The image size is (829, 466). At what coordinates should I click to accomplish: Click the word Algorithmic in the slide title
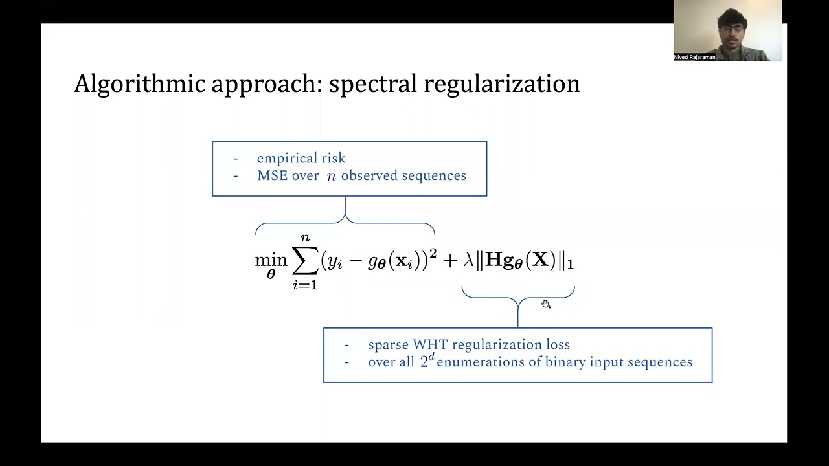(x=140, y=84)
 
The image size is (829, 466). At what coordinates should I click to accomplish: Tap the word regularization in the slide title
(x=501, y=84)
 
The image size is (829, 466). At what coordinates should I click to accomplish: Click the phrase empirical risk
(x=301, y=159)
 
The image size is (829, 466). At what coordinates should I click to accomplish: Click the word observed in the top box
(x=369, y=176)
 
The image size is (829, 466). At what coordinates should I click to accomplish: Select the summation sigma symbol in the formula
(x=305, y=261)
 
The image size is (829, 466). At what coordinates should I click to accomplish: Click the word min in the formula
(x=271, y=260)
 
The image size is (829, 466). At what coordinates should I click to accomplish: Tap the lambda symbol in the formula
(x=469, y=261)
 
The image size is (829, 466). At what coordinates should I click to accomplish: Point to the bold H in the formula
(x=495, y=260)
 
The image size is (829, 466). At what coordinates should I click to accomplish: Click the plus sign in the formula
(x=450, y=261)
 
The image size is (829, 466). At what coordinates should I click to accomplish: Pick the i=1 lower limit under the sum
(x=305, y=285)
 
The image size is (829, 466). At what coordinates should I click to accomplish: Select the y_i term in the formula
(x=335, y=261)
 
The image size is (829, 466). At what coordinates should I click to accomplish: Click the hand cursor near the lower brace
(x=546, y=305)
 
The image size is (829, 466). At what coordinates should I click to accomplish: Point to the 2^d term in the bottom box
(x=427, y=361)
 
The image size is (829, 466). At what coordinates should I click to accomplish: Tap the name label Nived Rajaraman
(x=694, y=58)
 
